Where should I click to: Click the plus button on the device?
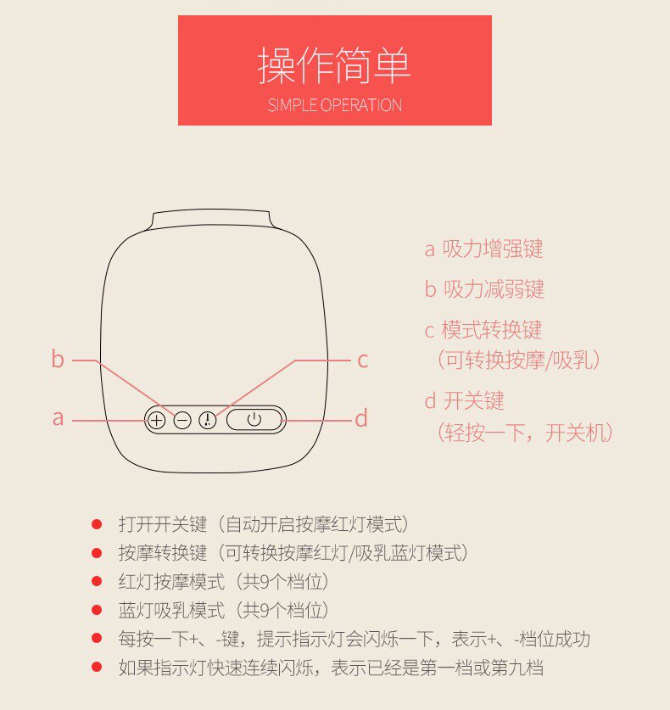click(x=156, y=421)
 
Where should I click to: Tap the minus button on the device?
click(x=182, y=421)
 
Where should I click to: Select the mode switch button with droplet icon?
click(x=208, y=421)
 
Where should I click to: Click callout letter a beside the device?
click(x=58, y=418)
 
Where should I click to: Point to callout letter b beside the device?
click(x=58, y=359)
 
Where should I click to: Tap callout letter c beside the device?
click(x=362, y=361)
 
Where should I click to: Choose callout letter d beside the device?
click(x=361, y=418)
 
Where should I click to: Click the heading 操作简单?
click(x=334, y=65)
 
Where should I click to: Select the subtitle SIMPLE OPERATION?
click(x=334, y=105)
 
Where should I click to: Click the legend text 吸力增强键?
click(x=493, y=249)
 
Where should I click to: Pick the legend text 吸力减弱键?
click(x=494, y=289)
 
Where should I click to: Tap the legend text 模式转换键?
click(x=492, y=330)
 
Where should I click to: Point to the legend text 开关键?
click(x=473, y=400)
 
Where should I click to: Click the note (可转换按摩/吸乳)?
click(x=519, y=360)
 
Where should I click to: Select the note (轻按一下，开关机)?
click(x=525, y=433)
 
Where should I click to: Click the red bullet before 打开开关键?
click(x=97, y=524)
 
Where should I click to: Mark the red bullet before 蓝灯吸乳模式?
click(x=97, y=610)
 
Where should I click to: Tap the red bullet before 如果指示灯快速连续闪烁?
click(x=97, y=667)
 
